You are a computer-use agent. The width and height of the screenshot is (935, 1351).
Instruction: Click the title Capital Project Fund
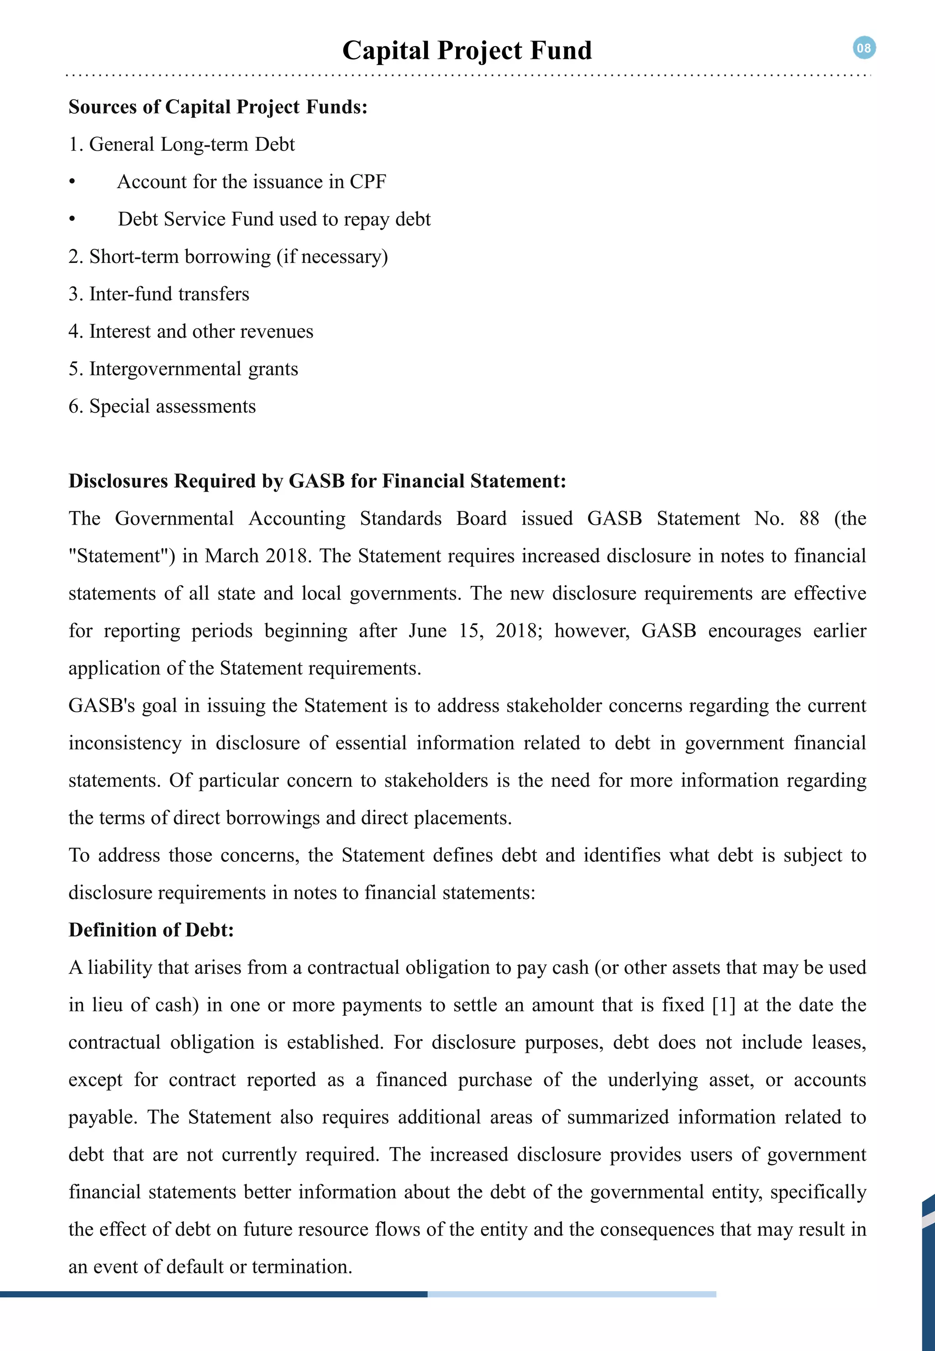coord(467,50)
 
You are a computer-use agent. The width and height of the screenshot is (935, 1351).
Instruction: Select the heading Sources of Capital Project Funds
coord(218,107)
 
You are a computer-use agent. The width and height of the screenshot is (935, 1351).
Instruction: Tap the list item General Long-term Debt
coord(182,144)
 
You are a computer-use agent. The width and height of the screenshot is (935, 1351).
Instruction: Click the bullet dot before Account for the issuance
coord(72,182)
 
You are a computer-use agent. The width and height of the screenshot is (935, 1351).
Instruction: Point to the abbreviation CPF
coord(368,182)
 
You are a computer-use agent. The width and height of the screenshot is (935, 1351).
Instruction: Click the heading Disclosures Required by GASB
coord(317,481)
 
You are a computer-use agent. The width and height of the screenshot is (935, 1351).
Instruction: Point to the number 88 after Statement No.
coord(809,519)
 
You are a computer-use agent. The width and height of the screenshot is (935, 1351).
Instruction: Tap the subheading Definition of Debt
coord(151,930)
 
